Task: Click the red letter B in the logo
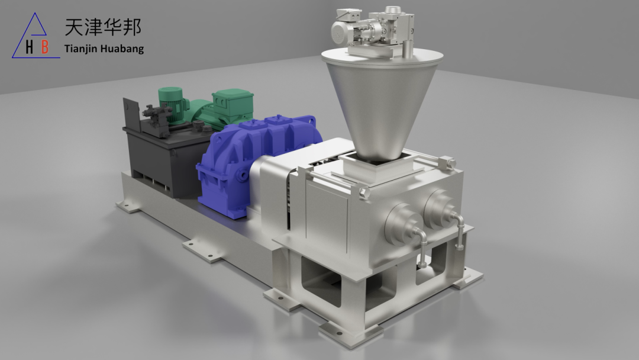[45, 47]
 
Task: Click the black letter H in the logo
[30, 47]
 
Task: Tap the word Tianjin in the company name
[80, 49]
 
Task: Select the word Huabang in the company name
[122, 49]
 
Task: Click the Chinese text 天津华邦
[103, 27]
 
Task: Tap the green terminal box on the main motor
[233, 104]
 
